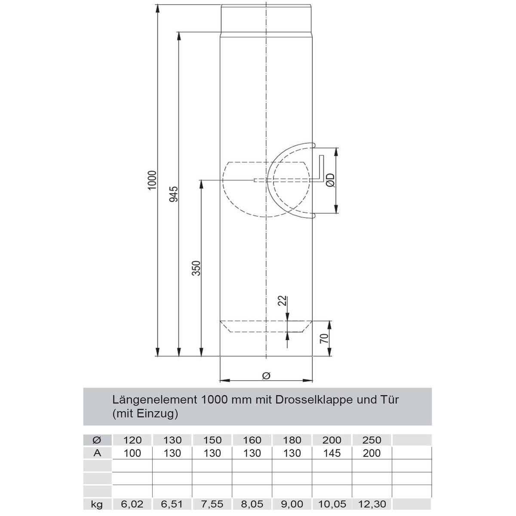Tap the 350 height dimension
196,268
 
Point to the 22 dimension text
282,301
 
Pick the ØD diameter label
330,181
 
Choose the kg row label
97,504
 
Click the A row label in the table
97,453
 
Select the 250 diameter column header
372,440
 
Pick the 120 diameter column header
132,440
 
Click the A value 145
332,453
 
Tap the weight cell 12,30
372,504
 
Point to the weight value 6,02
132,504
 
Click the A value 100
132,453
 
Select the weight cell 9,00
292,504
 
